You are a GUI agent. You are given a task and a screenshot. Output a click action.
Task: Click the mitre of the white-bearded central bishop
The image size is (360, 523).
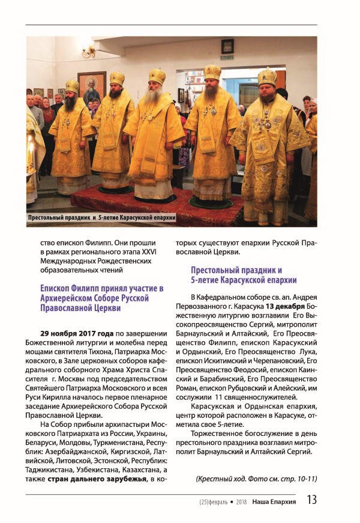pos(157,77)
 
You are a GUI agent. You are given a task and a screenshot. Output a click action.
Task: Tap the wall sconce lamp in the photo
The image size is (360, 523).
pos(89,51)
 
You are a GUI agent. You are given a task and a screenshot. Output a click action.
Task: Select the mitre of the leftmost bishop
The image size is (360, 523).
pos(72,85)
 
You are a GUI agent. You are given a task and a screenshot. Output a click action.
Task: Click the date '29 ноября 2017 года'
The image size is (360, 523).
pos(77,332)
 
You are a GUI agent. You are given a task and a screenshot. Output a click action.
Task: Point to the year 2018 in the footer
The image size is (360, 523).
pos(241,501)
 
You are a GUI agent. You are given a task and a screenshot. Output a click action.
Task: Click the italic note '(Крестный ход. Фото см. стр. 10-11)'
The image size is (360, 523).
pos(256,479)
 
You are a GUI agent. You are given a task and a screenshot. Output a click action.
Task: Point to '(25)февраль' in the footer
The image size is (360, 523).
pos(215,501)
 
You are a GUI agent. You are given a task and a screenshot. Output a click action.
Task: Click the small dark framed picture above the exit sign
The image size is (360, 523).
pos(227,46)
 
